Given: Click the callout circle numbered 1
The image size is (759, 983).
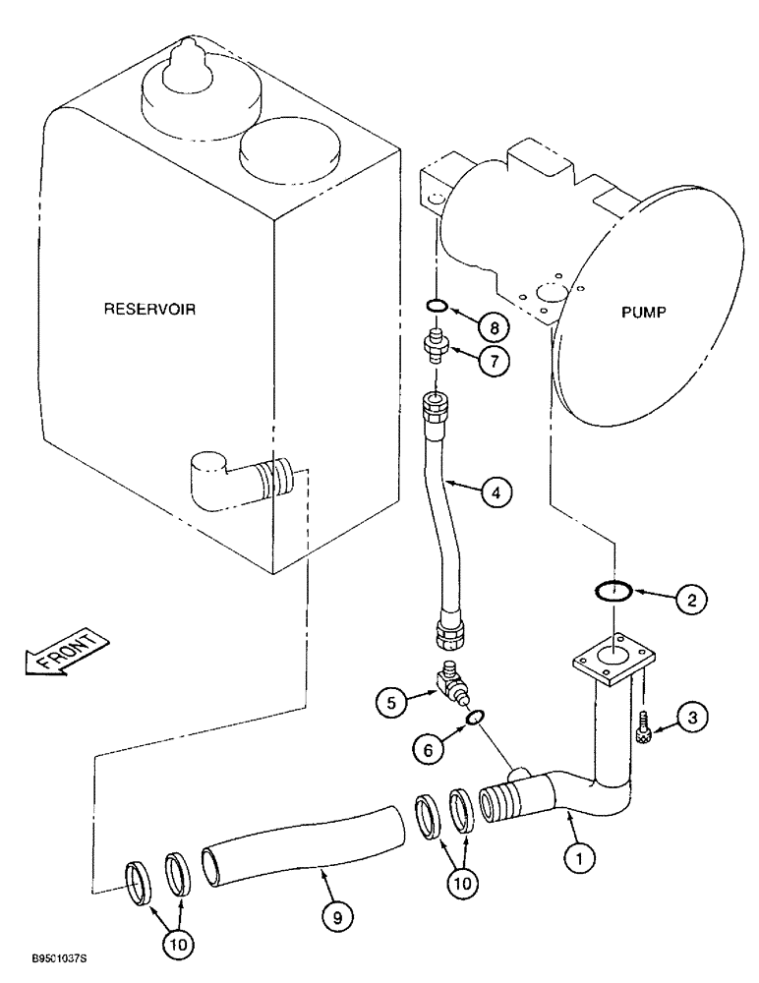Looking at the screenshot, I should (x=580, y=858).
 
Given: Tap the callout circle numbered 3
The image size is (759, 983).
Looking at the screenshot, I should (x=692, y=719).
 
